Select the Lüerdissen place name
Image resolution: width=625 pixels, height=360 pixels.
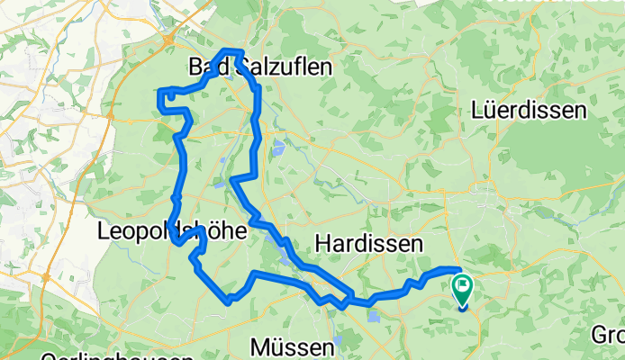point(529,111)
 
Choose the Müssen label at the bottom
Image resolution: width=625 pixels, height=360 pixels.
point(285,346)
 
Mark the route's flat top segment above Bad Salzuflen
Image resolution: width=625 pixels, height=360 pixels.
point(232,50)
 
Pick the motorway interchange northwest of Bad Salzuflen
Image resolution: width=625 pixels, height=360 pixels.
point(170,38)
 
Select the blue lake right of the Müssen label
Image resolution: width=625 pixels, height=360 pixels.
point(337,343)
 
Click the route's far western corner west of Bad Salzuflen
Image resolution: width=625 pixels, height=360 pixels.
point(160,92)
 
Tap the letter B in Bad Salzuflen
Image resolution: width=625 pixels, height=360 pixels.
point(198,67)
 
